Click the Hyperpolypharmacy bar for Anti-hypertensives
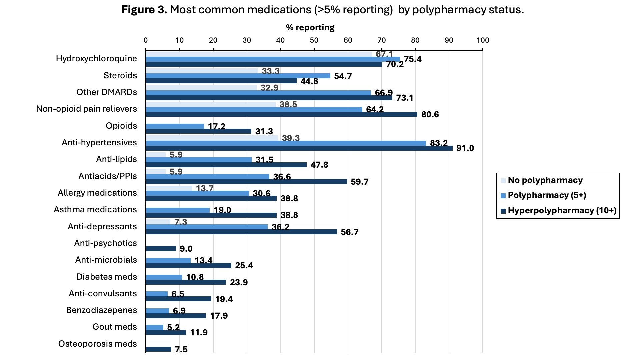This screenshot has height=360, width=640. pos(299,148)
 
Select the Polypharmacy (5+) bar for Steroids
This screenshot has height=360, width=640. pos(238,76)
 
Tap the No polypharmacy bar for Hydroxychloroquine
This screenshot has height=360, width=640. pos(259,54)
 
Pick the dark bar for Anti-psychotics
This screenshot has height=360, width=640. pos(161,248)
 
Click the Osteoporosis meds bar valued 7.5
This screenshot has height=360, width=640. pos(158,349)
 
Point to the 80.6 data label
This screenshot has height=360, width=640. pos(430,115)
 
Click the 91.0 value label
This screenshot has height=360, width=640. pos(465,148)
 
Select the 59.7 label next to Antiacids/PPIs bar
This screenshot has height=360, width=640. pos(359,182)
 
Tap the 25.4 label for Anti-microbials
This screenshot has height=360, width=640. pos(244,265)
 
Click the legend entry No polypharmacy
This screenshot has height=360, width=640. pos(545,180)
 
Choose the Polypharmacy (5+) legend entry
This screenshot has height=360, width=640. pos(547,195)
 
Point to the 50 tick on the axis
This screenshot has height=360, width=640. pos(314,40)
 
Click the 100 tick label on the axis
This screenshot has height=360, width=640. pos(482,40)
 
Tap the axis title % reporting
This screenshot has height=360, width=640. pos(310,27)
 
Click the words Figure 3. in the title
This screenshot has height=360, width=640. pos(144,10)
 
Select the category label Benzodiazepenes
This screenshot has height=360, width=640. pos(101,310)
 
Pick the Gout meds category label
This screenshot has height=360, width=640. pos(115,327)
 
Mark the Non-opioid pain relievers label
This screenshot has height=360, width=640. pos(86,109)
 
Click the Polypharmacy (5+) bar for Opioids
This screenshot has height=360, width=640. pos(175,126)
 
